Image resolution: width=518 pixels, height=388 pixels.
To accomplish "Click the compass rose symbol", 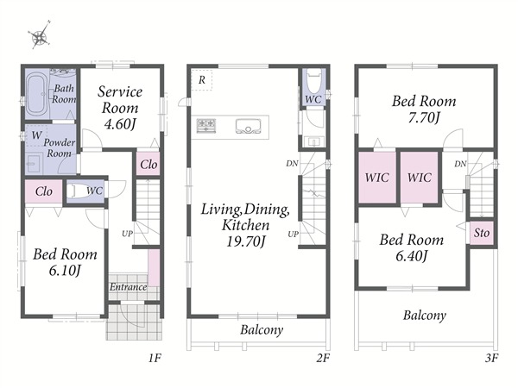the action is [x=40, y=35].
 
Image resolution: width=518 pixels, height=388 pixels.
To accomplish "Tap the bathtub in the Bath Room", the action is [x=37, y=94].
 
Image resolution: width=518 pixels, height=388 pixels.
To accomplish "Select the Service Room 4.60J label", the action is [x=120, y=108].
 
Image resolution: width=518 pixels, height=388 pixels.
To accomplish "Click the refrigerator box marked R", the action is [x=202, y=79].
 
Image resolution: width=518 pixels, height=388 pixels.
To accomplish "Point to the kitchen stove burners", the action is [x=206, y=126].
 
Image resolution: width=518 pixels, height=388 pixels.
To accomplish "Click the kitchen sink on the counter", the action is [x=248, y=127].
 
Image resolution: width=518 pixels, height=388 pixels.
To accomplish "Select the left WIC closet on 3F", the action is [x=377, y=177].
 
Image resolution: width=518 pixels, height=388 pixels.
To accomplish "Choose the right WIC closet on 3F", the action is [x=420, y=177].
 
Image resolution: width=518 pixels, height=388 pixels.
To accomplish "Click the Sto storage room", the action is [x=482, y=233].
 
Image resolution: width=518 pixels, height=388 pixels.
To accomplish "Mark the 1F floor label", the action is [x=155, y=358].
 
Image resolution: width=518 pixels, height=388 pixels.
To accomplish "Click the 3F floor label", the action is [x=491, y=358].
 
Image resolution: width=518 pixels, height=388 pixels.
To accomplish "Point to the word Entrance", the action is [x=128, y=287].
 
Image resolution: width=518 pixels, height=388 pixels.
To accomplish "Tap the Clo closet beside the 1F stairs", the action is [x=148, y=164].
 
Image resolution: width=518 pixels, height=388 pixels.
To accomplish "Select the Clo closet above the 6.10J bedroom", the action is [x=44, y=191].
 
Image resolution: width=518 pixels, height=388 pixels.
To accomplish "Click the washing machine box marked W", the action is [x=36, y=135].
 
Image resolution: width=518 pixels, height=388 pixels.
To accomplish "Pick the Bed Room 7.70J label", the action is [x=424, y=109].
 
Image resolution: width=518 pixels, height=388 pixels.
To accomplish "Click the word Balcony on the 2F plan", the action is [x=262, y=329].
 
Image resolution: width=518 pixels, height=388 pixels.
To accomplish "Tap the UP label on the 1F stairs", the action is [x=127, y=234].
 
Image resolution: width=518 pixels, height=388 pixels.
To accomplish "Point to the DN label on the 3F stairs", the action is [x=460, y=164].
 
